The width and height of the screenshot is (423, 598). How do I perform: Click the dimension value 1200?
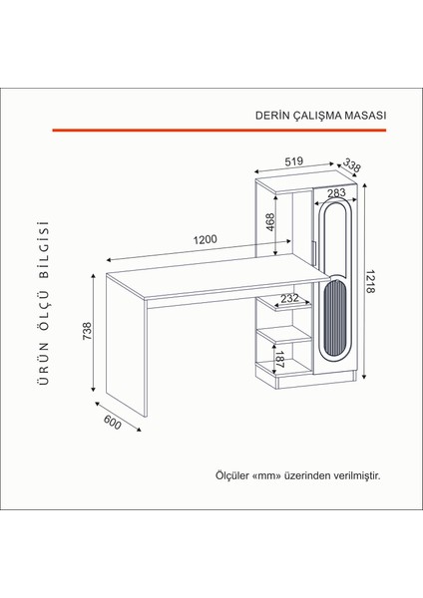[208, 241]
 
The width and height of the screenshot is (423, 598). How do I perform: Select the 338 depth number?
[351, 165]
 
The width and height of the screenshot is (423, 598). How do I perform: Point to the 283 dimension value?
[335, 193]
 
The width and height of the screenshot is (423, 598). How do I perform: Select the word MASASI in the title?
[364, 114]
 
